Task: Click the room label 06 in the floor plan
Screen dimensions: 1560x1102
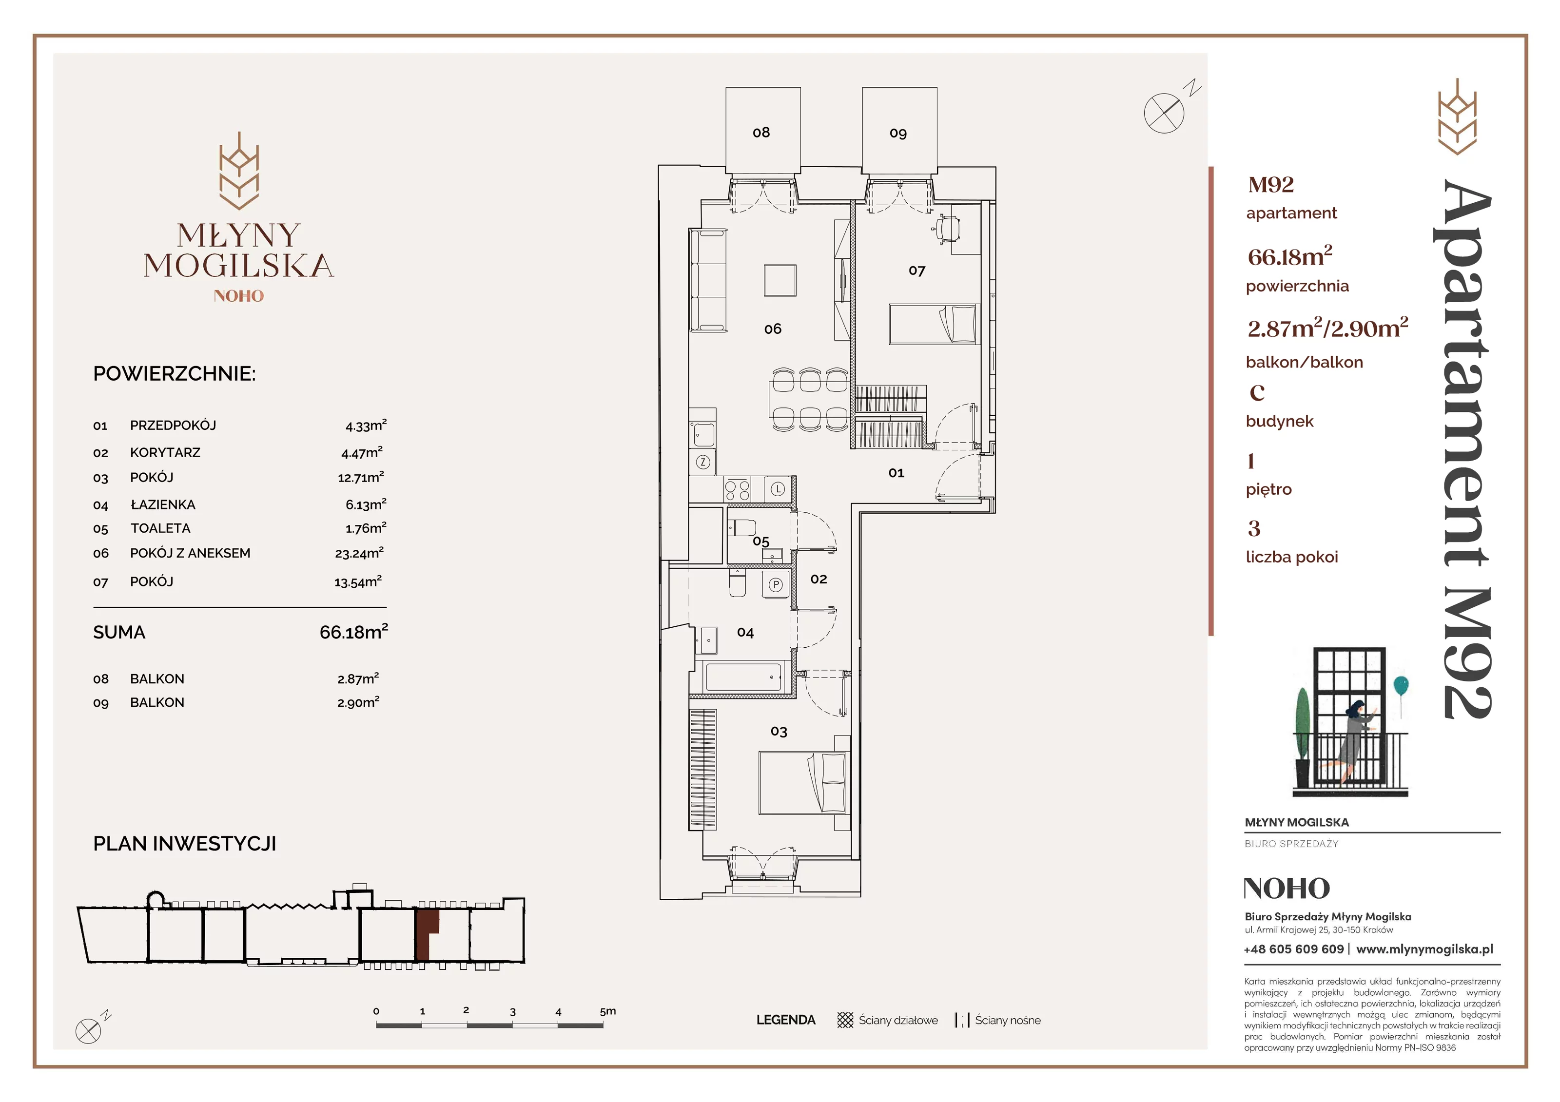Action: (x=773, y=329)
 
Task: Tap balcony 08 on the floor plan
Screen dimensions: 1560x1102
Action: (x=762, y=131)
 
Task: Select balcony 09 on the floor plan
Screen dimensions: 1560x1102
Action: (x=899, y=131)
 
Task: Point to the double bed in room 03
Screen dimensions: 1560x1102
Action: (x=804, y=783)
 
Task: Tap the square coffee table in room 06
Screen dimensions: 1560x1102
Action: (x=780, y=281)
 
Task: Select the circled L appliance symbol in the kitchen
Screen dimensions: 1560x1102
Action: (x=778, y=488)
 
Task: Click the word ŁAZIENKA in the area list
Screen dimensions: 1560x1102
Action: (x=163, y=504)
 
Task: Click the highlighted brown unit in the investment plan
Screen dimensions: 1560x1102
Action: (x=426, y=934)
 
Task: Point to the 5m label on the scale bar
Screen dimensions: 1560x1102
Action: (x=607, y=1011)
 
